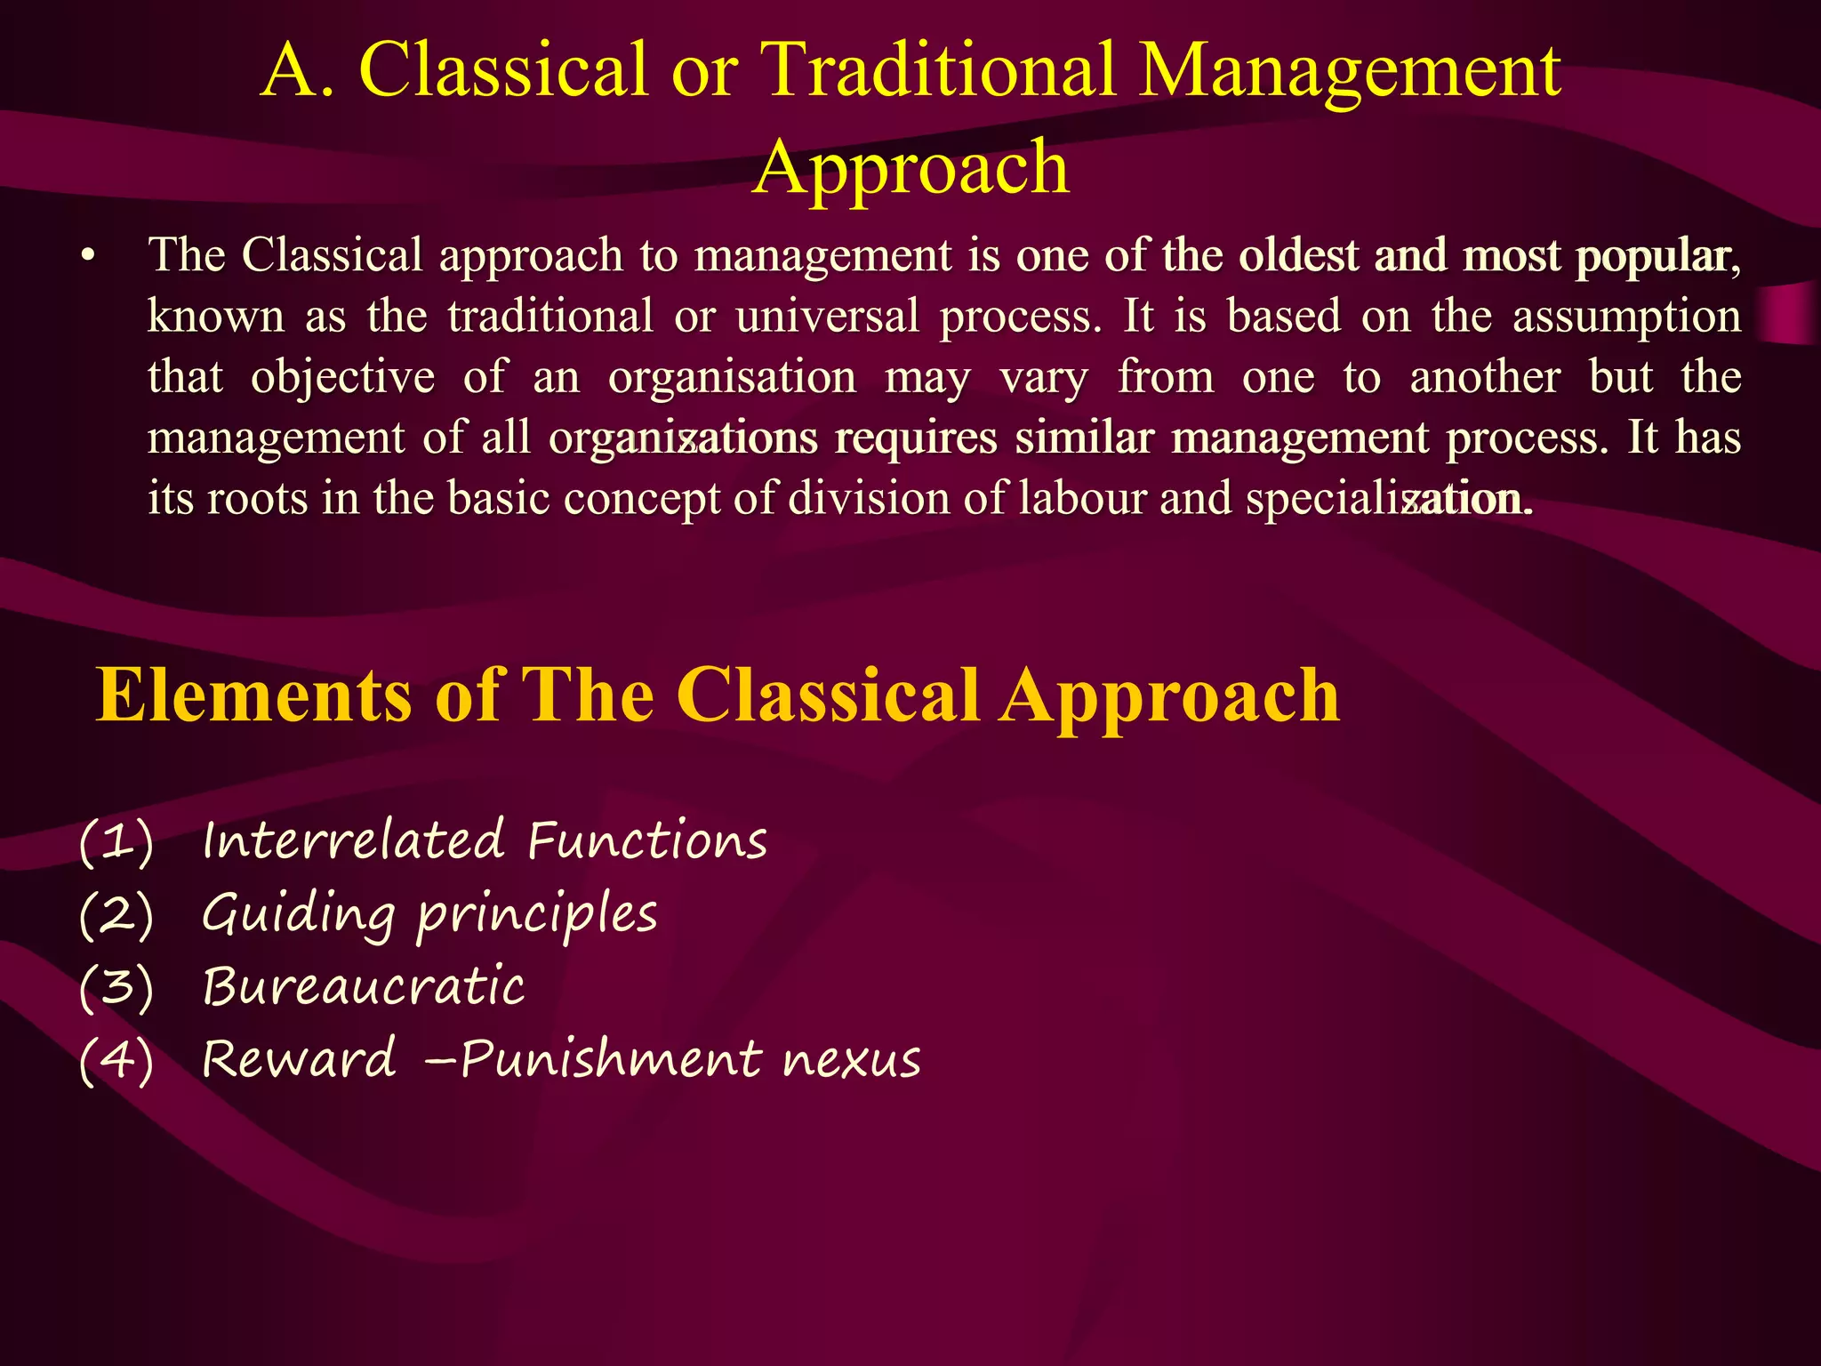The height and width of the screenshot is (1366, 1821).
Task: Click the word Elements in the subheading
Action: pos(254,696)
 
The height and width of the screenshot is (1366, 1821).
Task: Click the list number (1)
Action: pos(116,841)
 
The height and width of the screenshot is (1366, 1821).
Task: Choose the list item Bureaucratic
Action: pos(363,987)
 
